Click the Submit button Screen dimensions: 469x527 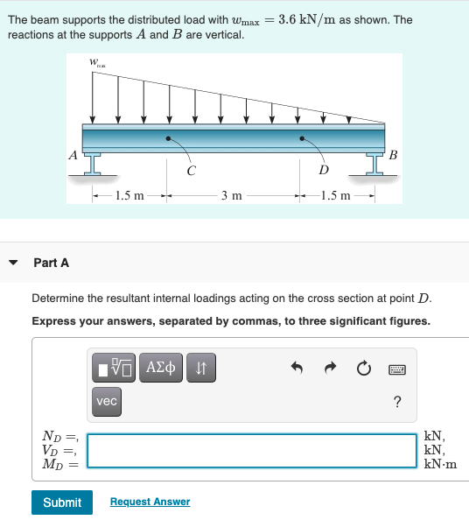click(x=61, y=502)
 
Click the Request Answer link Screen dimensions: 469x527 click(x=150, y=502)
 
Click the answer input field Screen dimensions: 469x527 click(x=252, y=450)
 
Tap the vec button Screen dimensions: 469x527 click(x=107, y=401)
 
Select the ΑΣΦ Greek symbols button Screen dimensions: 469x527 click(x=162, y=367)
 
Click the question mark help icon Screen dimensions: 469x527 click(x=397, y=402)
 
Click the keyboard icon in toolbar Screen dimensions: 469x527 click(x=398, y=367)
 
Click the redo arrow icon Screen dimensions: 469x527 click(x=330, y=367)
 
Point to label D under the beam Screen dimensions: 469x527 click(x=324, y=169)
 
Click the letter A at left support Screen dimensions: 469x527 click(x=73, y=156)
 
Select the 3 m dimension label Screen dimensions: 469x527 click(x=231, y=195)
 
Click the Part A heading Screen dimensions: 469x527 click(x=52, y=263)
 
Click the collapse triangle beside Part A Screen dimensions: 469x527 click(x=13, y=263)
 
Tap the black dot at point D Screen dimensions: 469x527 click(x=302, y=137)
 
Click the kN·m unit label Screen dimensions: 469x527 click(x=440, y=464)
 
